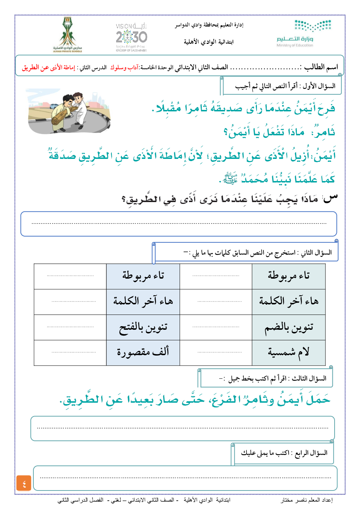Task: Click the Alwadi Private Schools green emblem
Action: [68, 34]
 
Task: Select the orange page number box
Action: [24, 483]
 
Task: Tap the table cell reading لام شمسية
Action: [289, 352]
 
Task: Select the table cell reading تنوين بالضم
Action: [289, 327]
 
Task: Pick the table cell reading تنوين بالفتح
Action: [143, 327]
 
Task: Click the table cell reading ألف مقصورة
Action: [143, 352]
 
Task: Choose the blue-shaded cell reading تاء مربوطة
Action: [143, 276]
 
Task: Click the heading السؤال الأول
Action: [319, 86]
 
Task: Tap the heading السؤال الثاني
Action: [315, 253]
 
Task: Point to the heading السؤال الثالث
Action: [309, 378]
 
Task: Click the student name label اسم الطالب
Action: [321, 67]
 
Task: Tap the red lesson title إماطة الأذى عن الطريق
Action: [48, 67]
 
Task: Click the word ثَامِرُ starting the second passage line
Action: [323, 132]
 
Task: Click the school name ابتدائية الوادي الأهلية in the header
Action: [208, 42]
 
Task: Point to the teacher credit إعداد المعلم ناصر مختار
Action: [307, 500]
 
